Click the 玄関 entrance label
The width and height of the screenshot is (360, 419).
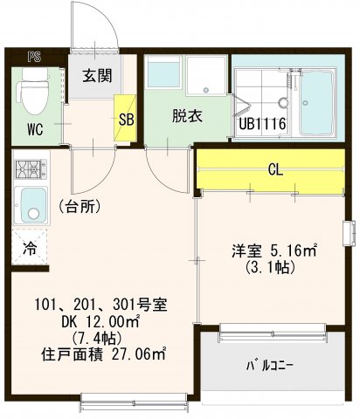tap(97, 76)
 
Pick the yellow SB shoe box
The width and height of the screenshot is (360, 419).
tap(125, 120)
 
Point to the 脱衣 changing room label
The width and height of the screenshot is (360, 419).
tap(186, 115)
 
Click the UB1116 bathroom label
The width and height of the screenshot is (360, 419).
tap(262, 125)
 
